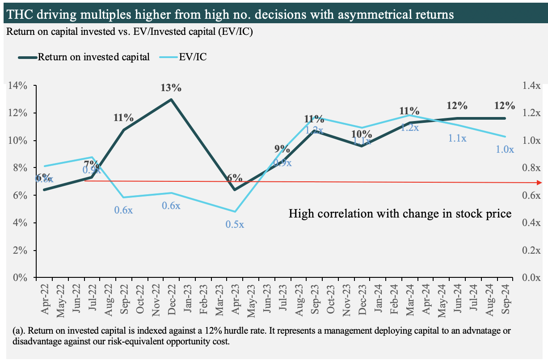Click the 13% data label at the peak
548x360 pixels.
[x=171, y=88]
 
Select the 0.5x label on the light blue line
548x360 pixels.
[x=235, y=225]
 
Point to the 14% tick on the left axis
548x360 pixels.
[x=17, y=86]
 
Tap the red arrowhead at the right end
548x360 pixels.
[x=540, y=183]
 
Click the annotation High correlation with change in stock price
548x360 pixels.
[x=400, y=213]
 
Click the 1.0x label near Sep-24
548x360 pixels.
[x=505, y=150]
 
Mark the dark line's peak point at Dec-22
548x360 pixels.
[x=171, y=99]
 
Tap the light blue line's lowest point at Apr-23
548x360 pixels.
[x=235, y=211]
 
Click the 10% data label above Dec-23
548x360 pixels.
[x=361, y=134]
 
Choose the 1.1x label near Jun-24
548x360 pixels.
[x=457, y=138]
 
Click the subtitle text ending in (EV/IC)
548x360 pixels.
[x=129, y=32]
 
